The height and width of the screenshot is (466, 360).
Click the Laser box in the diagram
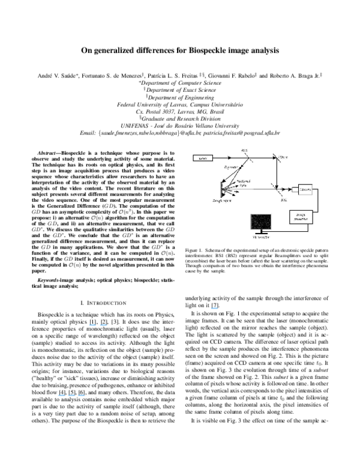202,158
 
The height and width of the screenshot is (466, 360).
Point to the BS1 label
244,150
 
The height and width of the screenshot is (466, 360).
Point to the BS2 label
283,200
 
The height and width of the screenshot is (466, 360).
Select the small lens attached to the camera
295,189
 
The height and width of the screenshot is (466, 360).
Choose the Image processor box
301,217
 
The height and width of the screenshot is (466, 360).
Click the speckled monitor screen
260,221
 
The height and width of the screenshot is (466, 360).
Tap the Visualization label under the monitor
260,238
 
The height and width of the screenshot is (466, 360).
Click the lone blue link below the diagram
214,309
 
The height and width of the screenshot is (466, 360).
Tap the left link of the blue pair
92,325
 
